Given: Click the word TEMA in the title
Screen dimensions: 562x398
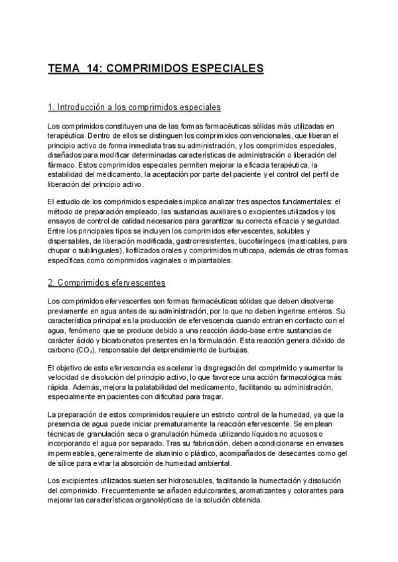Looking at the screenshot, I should tap(63, 68).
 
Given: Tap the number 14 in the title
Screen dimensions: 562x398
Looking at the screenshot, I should tap(92, 68).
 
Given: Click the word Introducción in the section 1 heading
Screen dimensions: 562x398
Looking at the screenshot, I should tap(82, 107).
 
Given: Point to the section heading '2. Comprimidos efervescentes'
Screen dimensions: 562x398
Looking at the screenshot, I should tap(107, 283).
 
